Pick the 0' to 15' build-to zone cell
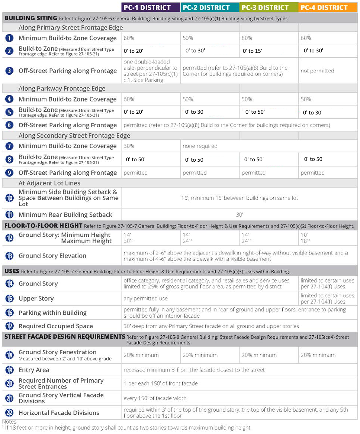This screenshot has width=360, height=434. (x=253, y=51)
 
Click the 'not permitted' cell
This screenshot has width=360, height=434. (x=317, y=71)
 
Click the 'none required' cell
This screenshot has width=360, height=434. (x=200, y=146)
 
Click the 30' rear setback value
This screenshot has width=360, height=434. (x=239, y=214)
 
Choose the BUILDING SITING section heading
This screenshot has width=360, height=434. (x=30, y=18)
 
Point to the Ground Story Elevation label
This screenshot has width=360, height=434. (x=52, y=256)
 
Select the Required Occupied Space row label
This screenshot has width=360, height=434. (x=56, y=326)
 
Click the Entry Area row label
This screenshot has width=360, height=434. (x=34, y=370)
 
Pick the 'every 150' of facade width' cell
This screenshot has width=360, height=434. (x=155, y=398)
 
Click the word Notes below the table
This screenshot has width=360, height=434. (x=9, y=422)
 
